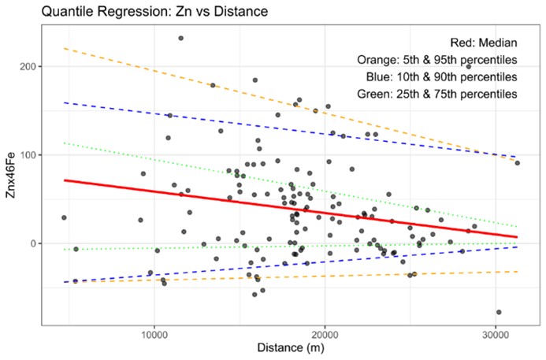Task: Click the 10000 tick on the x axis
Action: (x=154, y=334)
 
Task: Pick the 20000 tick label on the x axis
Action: (x=325, y=334)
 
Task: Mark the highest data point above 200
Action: (x=180, y=38)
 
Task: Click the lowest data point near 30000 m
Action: (x=498, y=312)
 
